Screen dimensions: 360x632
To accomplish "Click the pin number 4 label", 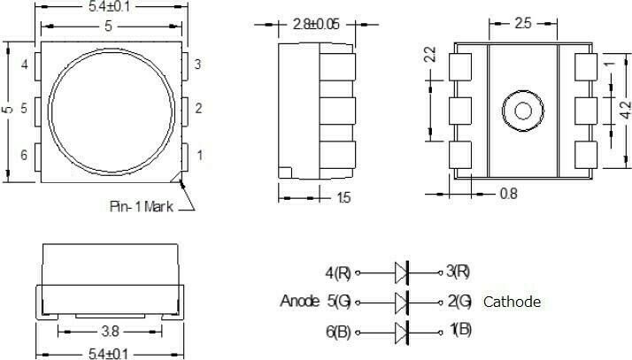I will click(24, 65).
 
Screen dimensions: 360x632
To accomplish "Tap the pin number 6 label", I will click(24, 156).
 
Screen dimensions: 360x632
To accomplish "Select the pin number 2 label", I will click(199, 109).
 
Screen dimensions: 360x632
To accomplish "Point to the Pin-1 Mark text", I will click(142, 206).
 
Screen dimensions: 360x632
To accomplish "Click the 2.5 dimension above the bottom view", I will click(523, 24).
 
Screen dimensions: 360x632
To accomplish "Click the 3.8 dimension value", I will click(111, 333).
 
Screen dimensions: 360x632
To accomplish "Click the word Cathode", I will click(512, 303).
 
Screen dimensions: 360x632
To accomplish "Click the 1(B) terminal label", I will click(460, 332).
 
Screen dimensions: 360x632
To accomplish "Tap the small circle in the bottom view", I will click(521, 111).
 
